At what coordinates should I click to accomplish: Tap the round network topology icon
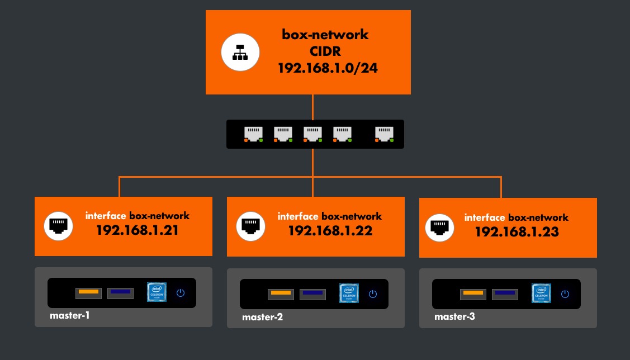(x=241, y=52)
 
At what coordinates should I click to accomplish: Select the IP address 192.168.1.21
(x=137, y=229)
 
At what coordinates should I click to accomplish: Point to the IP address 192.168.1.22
(x=330, y=230)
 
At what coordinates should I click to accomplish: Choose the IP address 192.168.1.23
(x=517, y=231)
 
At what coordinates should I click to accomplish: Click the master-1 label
(x=70, y=315)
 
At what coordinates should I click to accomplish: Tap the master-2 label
(x=262, y=318)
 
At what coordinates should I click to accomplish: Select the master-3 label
(x=454, y=317)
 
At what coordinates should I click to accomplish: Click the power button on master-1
(x=181, y=293)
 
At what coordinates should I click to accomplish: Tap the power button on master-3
(x=565, y=294)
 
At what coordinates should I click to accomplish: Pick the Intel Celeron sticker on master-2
(x=348, y=293)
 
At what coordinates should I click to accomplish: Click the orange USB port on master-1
(x=89, y=292)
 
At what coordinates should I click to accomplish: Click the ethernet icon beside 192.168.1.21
(x=59, y=226)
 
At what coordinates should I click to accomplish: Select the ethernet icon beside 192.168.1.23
(x=440, y=228)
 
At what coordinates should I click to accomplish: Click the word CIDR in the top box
(x=325, y=51)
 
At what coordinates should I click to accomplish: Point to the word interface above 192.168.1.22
(x=298, y=216)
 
